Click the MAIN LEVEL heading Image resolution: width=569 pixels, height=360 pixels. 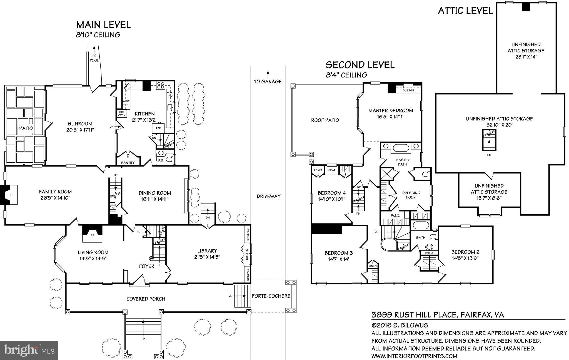click(x=103, y=25)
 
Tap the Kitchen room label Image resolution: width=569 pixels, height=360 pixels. click(x=144, y=114)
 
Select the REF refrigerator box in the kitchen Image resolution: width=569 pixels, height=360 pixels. click(x=158, y=128)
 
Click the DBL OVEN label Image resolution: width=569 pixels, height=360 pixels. click(x=122, y=113)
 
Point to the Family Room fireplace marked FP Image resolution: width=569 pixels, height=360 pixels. click(x=11, y=195)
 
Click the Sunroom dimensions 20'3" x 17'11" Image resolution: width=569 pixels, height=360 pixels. click(x=80, y=130)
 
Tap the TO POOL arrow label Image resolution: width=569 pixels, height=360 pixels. click(x=94, y=58)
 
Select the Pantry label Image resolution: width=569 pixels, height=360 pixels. click(x=128, y=163)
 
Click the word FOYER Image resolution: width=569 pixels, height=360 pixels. click(x=146, y=266)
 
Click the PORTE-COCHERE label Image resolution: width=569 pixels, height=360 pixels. click(x=271, y=296)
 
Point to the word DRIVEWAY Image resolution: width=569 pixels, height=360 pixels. click(x=268, y=196)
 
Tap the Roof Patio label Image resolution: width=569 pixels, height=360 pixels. click(x=325, y=120)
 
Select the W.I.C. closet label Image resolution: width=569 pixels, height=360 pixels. click(x=395, y=215)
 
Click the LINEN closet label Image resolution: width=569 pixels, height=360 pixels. click(x=373, y=266)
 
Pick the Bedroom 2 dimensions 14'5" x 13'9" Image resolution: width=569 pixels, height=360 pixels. click(x=465, y=258)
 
